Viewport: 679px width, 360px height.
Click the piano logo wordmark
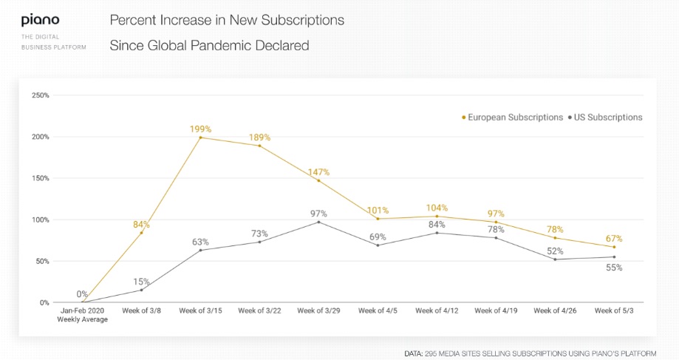point(40,20)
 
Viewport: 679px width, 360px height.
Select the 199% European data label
point(200,129)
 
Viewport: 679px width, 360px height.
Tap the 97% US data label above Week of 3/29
point(318,213)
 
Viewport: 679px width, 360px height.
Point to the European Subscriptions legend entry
point(512,118)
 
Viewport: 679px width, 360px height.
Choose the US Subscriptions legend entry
point(604,118)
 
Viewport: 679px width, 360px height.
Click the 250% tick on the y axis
point(40,95)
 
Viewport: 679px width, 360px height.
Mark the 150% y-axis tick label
point(40,178)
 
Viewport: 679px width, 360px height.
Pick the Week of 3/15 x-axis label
point(200,311)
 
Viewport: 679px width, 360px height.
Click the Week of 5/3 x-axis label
point(614,311)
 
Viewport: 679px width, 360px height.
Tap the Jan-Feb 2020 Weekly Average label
point(83,315)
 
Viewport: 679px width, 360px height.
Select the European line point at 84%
point(141,233)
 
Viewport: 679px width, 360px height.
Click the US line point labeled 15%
point(141,290)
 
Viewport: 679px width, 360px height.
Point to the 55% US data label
point(614,268)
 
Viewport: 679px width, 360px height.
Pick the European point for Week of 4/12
point(437,216)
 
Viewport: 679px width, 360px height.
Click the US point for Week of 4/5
point(378,245)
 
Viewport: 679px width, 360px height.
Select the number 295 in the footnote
point(432,353)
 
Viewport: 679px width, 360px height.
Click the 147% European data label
point(318,171)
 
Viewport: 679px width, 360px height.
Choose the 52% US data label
point(555,251)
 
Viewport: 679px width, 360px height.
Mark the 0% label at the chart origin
point(82,294)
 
